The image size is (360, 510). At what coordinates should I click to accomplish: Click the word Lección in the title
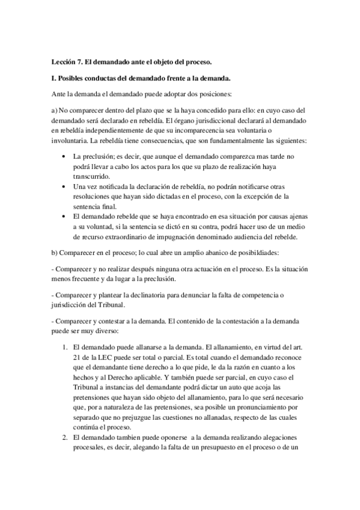pos(65,62)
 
